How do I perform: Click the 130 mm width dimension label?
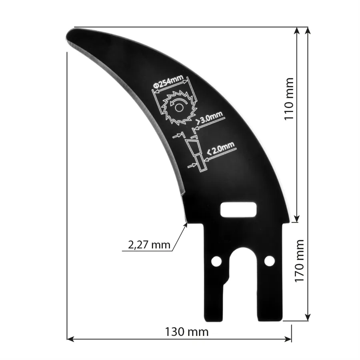click(x=186, y=332)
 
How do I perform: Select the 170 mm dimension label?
click(x=300, y=261)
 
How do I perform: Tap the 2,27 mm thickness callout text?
click(x=149, y=245)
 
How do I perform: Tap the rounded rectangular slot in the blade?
click(x=239, y=209)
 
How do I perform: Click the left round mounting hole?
click(x=216, y=261)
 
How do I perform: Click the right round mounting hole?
click(x=270, y=261)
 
